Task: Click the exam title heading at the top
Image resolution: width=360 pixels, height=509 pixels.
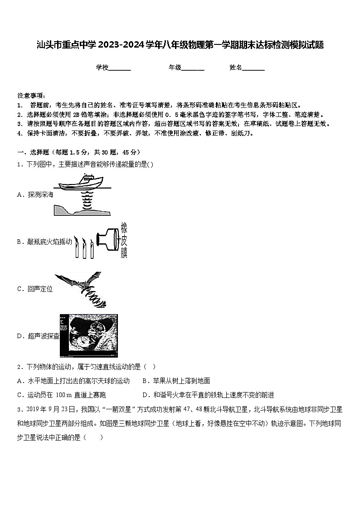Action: (180, 45)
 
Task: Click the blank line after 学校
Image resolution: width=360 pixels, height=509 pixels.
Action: (120, 68)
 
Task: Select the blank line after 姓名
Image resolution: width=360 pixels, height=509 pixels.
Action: (253, 68)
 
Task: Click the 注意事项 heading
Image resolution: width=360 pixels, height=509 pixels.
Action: (31, 96)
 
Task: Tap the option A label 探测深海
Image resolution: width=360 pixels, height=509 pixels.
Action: (40, 194)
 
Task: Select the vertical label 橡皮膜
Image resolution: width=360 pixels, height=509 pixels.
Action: (124, 241)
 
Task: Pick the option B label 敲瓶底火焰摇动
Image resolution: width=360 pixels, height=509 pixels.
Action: (49, 242)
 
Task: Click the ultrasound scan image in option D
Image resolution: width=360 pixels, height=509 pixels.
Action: (89, 335)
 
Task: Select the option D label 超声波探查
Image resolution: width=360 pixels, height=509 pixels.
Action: (43, 336)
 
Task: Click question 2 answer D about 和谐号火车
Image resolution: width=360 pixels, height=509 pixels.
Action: (208, 395)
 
